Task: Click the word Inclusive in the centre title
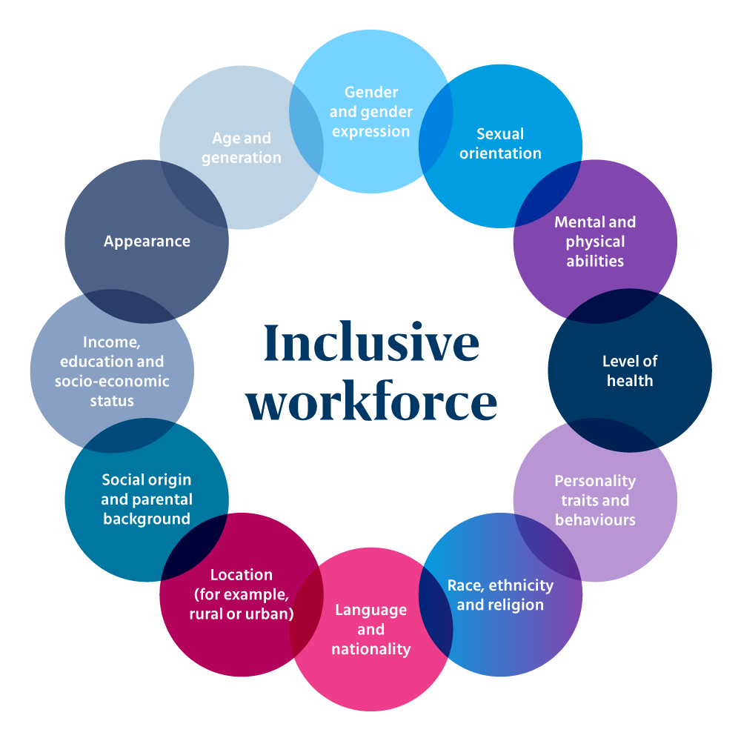[371, 343]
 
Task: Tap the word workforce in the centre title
[371, 402]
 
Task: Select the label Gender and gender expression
[370, 112]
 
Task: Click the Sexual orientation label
[500, 144]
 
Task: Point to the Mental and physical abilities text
[595, 242]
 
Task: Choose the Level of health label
[630, 371]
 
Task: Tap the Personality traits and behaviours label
[595, 500]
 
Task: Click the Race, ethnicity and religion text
[500, 595]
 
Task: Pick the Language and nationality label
[370, 629]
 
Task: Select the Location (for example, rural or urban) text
[242, 594]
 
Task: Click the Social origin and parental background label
[147, 499]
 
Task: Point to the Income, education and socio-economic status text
[112, 371]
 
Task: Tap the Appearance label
[147, 242]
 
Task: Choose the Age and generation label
[242, 147]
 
